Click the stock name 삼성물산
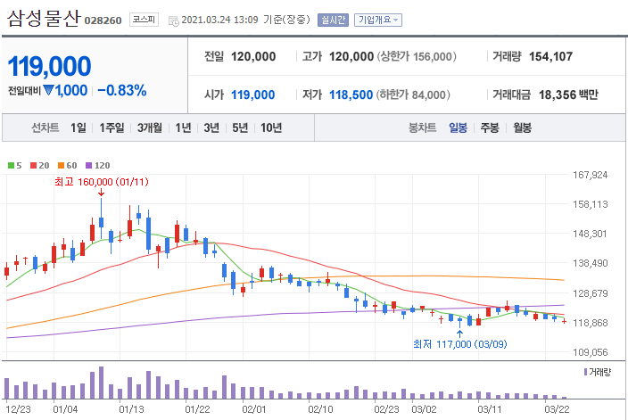(44, 19)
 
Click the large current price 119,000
(50, 66)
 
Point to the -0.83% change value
(121, 90)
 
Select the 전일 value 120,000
(253, 56)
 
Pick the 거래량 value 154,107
(550, 56)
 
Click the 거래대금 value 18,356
(556, 95)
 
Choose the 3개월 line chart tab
(150, 128)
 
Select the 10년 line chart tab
(271, 128)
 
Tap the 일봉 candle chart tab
(459, 128)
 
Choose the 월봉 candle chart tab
(522, 128)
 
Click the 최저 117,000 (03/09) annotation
(459, 343)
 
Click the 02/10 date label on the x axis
(320, 410)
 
